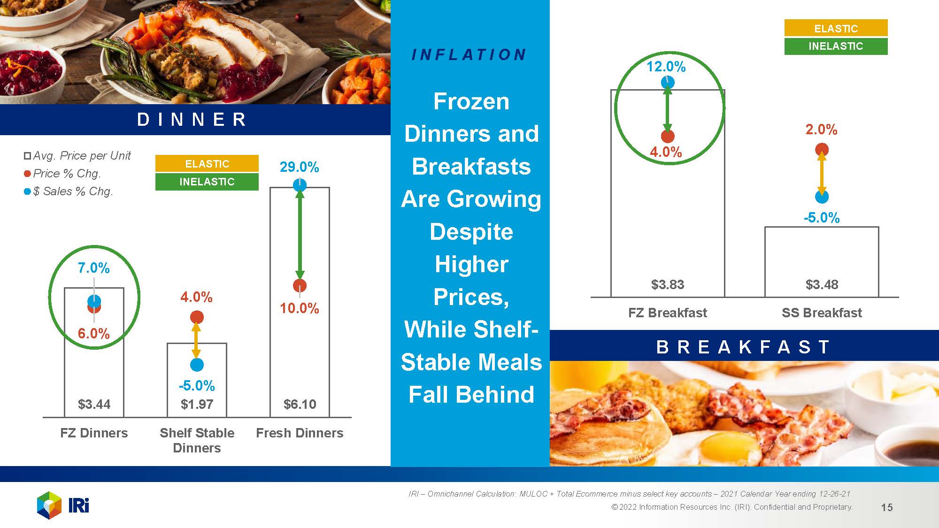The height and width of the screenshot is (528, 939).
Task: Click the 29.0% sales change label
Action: point(300,167)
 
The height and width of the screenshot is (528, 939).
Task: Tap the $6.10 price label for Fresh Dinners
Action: point(300,404)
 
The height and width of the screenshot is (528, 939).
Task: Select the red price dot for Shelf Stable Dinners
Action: point(197,317)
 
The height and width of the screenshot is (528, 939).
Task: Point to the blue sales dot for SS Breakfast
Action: point(822,197)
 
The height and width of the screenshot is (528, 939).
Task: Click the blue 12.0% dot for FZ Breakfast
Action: point(668,83)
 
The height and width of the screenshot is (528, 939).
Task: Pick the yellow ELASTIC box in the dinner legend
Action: point(207,163)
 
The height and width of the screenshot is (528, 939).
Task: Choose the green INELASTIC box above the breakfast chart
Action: point(836,46)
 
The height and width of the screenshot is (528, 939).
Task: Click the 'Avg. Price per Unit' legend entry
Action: point(77,155)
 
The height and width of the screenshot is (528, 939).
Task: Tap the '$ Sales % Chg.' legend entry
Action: point(69,191)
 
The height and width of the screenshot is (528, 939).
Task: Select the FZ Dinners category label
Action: point(94,433)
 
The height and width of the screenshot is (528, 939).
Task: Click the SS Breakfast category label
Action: point(822,313)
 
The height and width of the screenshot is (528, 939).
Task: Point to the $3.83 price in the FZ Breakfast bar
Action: point(668,284)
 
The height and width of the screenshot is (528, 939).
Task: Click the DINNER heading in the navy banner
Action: point(192,120)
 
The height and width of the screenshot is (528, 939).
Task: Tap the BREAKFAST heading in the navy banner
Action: point(743,347)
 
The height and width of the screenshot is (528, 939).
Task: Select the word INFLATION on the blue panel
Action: point(469,55)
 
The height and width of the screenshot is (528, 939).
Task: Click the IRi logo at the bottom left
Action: point(63,505)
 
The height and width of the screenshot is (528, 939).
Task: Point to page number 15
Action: point(887,507)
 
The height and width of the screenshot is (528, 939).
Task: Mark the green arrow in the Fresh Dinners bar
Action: point(300,235)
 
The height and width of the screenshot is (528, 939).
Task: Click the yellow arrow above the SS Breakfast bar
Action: point(822,173)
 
